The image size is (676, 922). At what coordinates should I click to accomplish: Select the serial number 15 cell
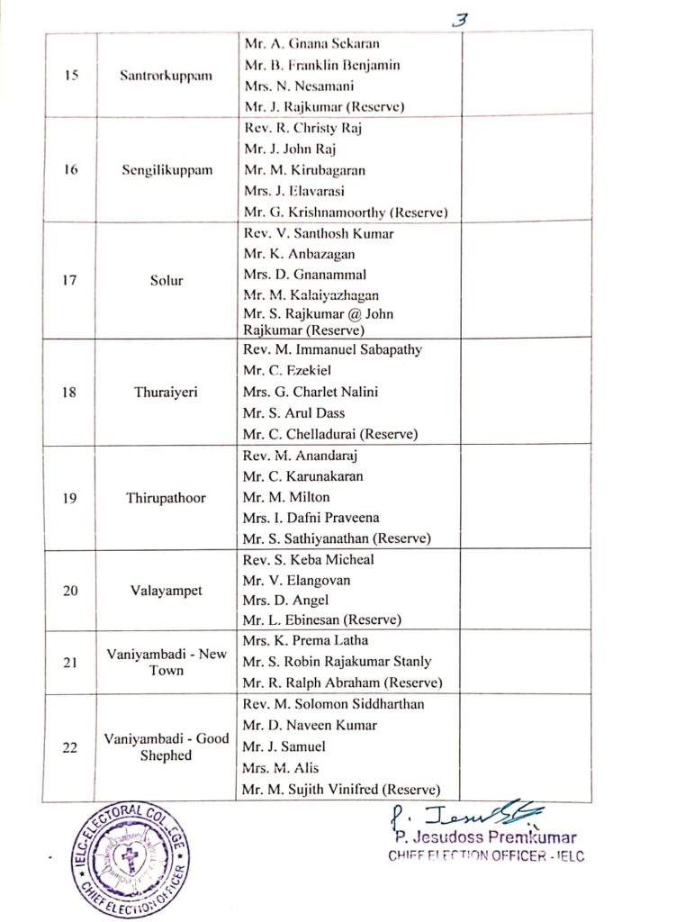coord(71,75)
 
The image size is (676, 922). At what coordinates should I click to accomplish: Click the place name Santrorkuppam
coord(166,75)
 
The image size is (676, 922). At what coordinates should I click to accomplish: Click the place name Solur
coord(167,280)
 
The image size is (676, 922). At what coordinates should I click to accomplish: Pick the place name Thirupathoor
coord(167,497)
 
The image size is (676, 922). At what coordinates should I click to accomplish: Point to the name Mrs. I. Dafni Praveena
coord(311,518)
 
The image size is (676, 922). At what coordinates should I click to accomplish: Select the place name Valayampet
coord(167,591)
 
